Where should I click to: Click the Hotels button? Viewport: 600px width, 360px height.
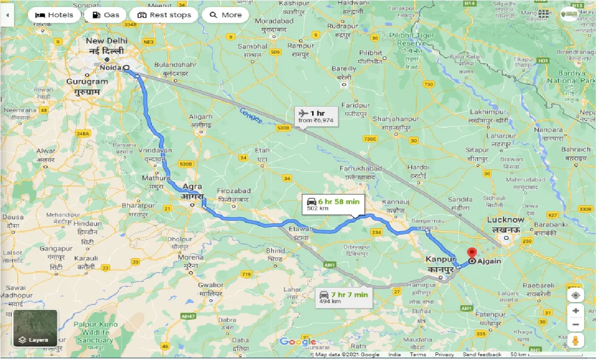click(x=54, y=15)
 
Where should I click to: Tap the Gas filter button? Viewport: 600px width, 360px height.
click(x=106, y=15)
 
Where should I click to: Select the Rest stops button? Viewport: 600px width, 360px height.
click(x=164, y=15)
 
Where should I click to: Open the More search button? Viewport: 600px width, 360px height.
click(x=226, y=15)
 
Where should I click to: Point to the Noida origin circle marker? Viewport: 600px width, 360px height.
click(x=126, y=67)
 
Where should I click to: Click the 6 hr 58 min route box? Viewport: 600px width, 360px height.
click(x=333, y=204)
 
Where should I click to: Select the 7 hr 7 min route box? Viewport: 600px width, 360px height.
click(x=344, y=297)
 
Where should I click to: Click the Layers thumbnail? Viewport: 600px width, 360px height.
click(x=36, y=328)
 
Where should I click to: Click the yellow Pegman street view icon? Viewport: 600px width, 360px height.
click(x=576, y=340)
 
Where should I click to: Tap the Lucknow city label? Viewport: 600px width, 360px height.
click(x=506, y=220)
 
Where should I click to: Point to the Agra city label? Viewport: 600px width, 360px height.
click(x=192, y=187)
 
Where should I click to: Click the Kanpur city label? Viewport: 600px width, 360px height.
click(x=441, y=259)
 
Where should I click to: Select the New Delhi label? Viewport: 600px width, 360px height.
click(x=107, y=41)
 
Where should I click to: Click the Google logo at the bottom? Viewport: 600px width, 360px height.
click(x=298, y=342)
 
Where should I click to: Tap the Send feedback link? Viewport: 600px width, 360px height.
click(x=482, y=355)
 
